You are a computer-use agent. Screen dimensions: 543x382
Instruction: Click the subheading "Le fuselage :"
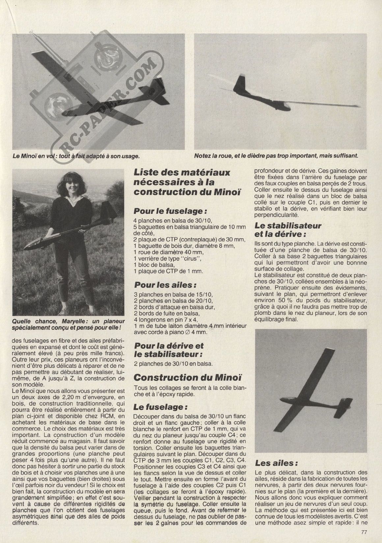pyautogui.click(x=158, y=407)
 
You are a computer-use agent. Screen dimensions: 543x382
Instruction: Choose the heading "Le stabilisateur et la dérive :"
pyautogui.click(x=288, y=230)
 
